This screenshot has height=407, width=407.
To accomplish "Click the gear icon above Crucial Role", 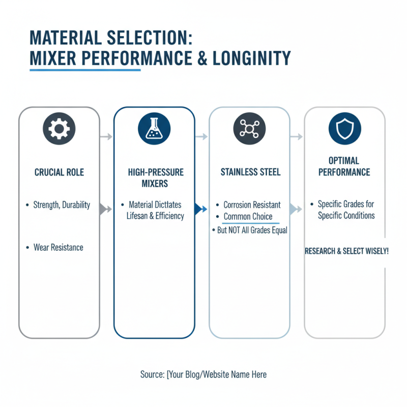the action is [59, 129].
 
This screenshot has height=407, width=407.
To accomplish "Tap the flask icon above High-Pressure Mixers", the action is [154, 129].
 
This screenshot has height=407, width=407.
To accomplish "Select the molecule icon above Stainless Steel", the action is [249, 129].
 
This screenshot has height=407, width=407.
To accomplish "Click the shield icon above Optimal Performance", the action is [345, 129].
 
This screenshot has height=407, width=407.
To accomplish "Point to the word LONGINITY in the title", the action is [251, 58].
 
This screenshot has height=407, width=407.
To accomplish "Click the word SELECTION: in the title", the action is [150, 38].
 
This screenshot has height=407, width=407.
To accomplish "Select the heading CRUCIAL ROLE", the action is [59, 172].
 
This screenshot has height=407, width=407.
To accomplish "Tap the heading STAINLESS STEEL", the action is [250, 172].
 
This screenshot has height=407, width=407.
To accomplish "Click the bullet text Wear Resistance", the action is [59, 247].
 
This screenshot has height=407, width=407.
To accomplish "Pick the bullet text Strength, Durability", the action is [62, 205].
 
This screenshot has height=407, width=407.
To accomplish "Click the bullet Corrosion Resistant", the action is [252, 205].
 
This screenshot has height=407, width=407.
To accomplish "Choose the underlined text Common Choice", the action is [248, 216].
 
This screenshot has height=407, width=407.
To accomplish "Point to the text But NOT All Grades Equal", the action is [252, 230].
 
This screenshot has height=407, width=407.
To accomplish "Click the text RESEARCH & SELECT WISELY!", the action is [346, 251].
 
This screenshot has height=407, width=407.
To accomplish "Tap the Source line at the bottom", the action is [203, 374].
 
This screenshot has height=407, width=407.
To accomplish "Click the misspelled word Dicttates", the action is [168, 205].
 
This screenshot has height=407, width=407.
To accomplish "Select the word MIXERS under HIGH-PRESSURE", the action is [155, 184].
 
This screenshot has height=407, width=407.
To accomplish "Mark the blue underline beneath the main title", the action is [85, 70].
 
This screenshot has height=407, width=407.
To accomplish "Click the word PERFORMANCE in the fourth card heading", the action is [344, 172].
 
